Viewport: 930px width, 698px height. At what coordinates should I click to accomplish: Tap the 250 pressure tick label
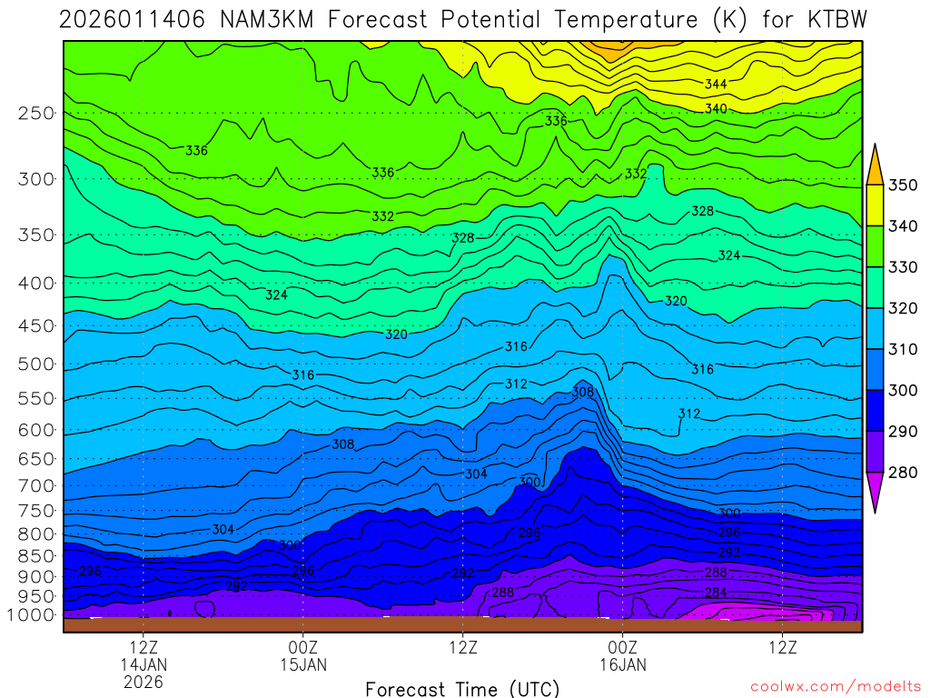click(x=36, y=114)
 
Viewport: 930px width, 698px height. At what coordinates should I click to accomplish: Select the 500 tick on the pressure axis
click(x=36, y=364)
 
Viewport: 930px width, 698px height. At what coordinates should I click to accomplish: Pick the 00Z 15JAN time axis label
click(x=302, y=656)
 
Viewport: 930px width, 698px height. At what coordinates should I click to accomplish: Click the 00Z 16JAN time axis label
click(x=622, y=656)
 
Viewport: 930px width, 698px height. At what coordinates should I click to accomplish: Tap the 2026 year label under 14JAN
click(x=143, y=681)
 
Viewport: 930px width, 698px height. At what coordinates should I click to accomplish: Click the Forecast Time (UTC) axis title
click(x=463, y=689)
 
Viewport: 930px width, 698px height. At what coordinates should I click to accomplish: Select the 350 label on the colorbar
click(x=903, y=185)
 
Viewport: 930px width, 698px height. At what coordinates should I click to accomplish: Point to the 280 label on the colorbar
click(x=903, y=473)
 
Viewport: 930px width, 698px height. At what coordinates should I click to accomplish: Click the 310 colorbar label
click(x=903, y=350)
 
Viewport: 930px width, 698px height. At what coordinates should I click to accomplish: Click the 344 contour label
click(x=716, y=85)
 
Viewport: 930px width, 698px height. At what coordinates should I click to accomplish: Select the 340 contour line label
click(x=716, y=109)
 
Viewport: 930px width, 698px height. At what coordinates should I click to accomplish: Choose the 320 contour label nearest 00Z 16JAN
click(x=676, y=301)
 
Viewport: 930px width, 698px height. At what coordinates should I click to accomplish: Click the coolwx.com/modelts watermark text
click(x=836, y=687)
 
